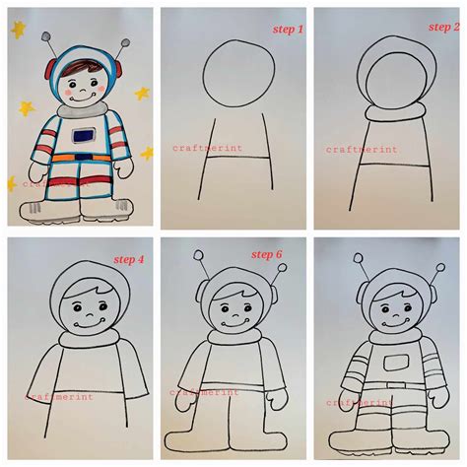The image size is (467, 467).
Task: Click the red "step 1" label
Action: click(289, 30)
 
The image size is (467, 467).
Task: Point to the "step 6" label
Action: click(266, 254)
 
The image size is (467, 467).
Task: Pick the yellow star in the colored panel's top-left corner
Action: click(18, 31)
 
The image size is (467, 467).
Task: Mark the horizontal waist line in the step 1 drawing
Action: click(235, 157)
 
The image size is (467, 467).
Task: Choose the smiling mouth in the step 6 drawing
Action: click(234, 322)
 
